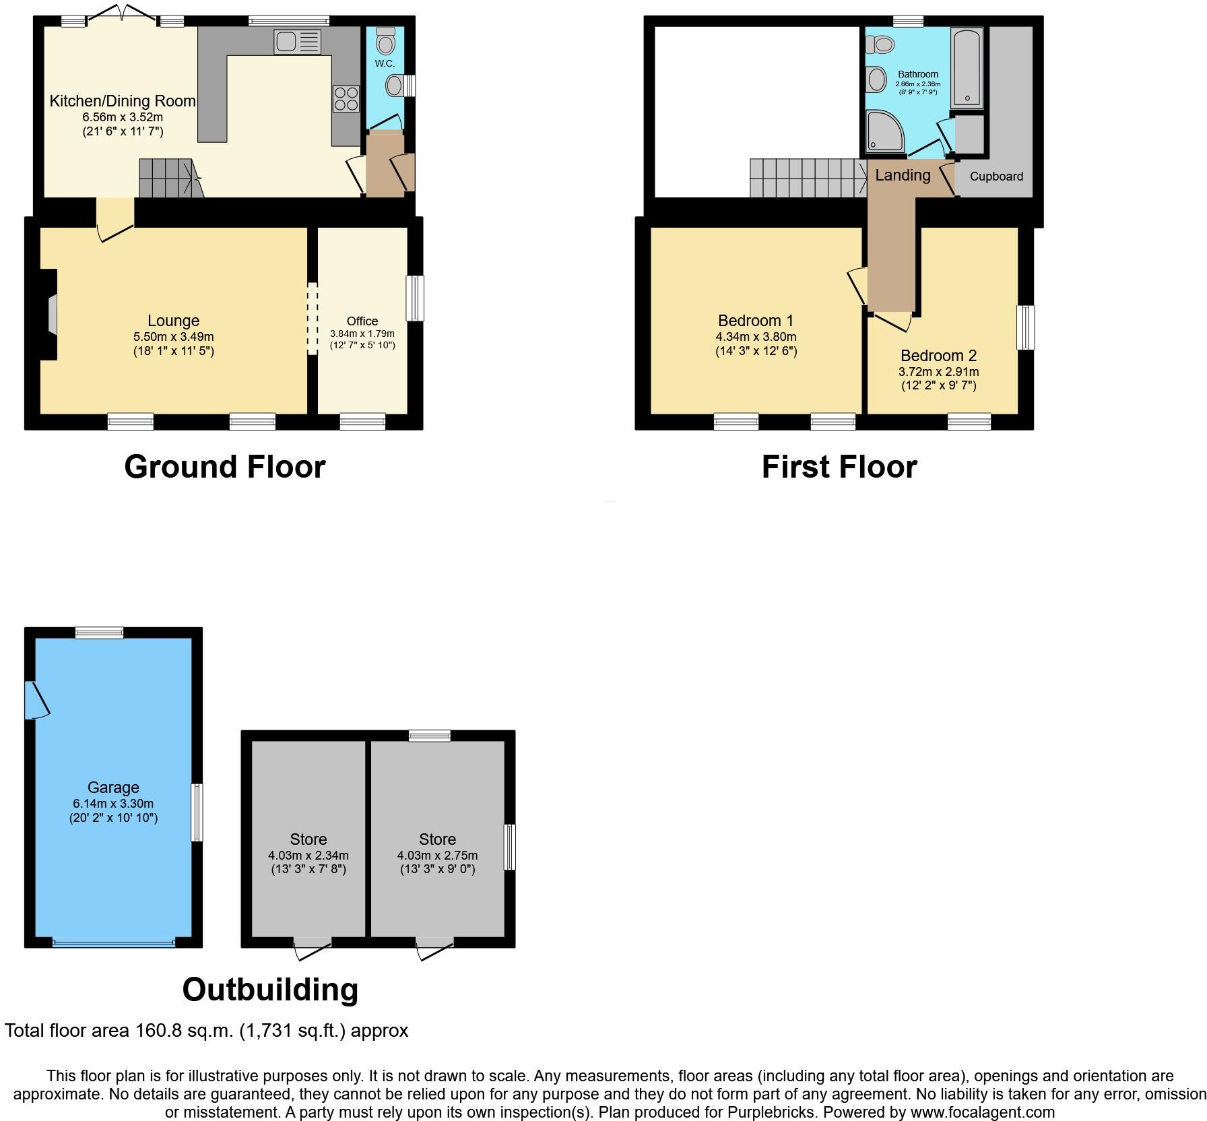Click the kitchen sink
pyautogui.click(x=297, y=42)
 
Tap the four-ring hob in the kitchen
pyautogui.click(x=346, y=99)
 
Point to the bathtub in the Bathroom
pyautogui.click(x=967, y=67)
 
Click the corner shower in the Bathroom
pyautogui.click(x=884, y=131)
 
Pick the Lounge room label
pyautogui.click(x=174, y=321)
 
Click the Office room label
pyautogui.click(x=362, y=321)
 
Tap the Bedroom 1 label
pyautogui.click(x=756, y=321)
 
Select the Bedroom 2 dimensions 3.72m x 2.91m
pyautogui.click(x=939, y=372)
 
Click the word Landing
pyautogui.click(x=903, y=175)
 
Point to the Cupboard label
pyautogui.click(x=996, y=177)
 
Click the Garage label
pyautogui.click(x=113, y=788)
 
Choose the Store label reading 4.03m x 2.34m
pyautogui.click(x=308, y=856)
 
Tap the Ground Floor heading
pyautogui.click(x=225, y=467)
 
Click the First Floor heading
pyautogui.click(x=839, y=467)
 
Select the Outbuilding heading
pyautogui.click(x=270, y=990)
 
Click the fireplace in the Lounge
pyautogui.click(x=48, y=315)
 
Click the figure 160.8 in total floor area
pyautogui.click(x=160, y=1031)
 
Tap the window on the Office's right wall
pyautogui.click(x=416, y=298)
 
